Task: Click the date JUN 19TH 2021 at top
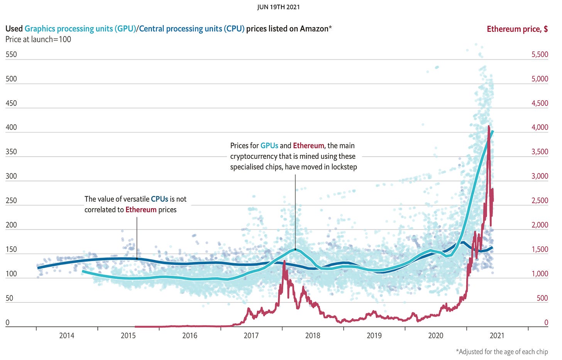click(x=278, y=7)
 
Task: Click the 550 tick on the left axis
click(x=11, y=54)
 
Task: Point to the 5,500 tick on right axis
click(x=540, y=54)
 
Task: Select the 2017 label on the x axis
click(x=251, y=336)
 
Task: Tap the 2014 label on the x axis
click(x=67, y=336)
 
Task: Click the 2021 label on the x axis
click(x=497, y=336)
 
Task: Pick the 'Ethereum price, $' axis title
click(x=517, y=29)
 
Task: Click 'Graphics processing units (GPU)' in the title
click(x=80, y=29)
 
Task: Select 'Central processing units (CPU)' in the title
click(x=192, y=29)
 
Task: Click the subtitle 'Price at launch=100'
click(x=38, y=39)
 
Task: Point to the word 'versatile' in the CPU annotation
click(x=135, y=199)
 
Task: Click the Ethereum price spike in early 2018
click(x=284, y=262)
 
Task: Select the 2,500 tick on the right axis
click(x=540, y=200)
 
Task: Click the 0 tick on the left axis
click(x=7, y=323)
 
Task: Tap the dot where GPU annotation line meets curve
click(x=295, y=249)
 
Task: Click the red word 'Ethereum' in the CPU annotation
click(x=141, y=210)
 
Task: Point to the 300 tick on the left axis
click(x=11, y=176)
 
